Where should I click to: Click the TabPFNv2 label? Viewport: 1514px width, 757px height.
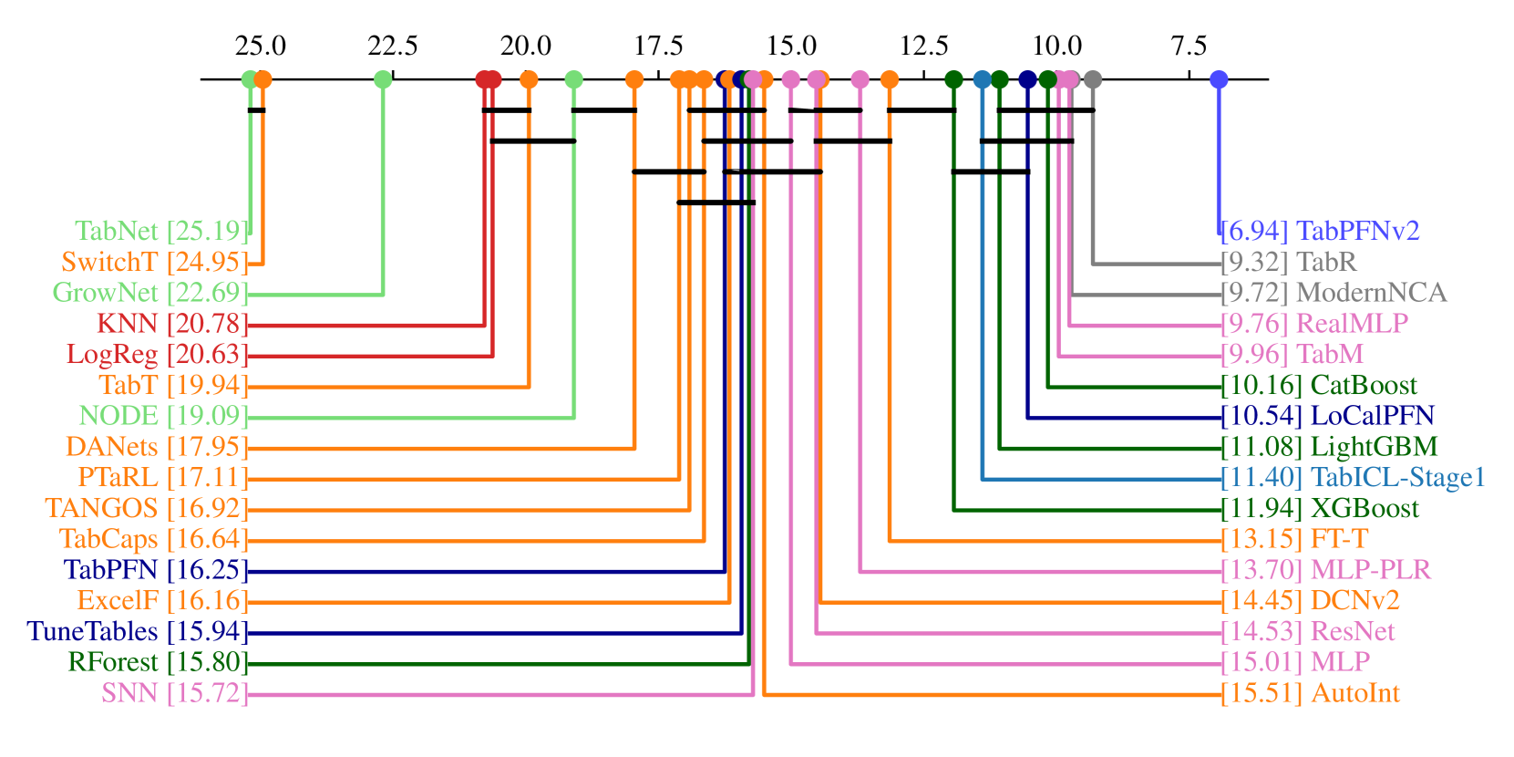(x=1320, y=232)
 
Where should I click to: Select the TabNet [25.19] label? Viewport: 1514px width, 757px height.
(x=160, y=232)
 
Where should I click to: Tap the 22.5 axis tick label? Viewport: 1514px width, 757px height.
(x=393, y=46)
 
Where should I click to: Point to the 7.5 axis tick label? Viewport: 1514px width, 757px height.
(x=1189, y=46)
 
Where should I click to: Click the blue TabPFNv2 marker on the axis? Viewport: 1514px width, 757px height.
(x=1219, y=79)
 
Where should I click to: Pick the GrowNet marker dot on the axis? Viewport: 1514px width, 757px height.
(x=383, y=79)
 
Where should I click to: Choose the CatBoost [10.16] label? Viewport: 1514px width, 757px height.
(x=1319, y=386)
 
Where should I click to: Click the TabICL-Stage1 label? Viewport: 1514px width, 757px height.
(x=1353, y=478)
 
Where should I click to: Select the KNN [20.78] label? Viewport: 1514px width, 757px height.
(x=171, y=324)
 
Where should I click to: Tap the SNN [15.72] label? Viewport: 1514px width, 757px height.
(x=173, y=694)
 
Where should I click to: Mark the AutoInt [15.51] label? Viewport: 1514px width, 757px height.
(x=1310, y=694)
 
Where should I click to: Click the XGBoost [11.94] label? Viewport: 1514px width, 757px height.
(x=1320, y=509)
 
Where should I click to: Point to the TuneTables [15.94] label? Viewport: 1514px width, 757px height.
(x=137, y=632)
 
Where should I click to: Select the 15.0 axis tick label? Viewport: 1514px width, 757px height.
(x=791, y=46)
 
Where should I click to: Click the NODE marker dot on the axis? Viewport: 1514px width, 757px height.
(x=573, y=79)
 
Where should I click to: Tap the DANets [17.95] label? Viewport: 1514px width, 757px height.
(x=156, y=447)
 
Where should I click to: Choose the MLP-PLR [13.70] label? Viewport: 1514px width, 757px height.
(x=1325, y=571)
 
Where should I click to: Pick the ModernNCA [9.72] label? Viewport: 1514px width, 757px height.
(x=1334, y=293)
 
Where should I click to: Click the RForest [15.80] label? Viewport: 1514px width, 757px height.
(x=157, y=663)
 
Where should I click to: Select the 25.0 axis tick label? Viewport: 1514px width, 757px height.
(x=260, y=46)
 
